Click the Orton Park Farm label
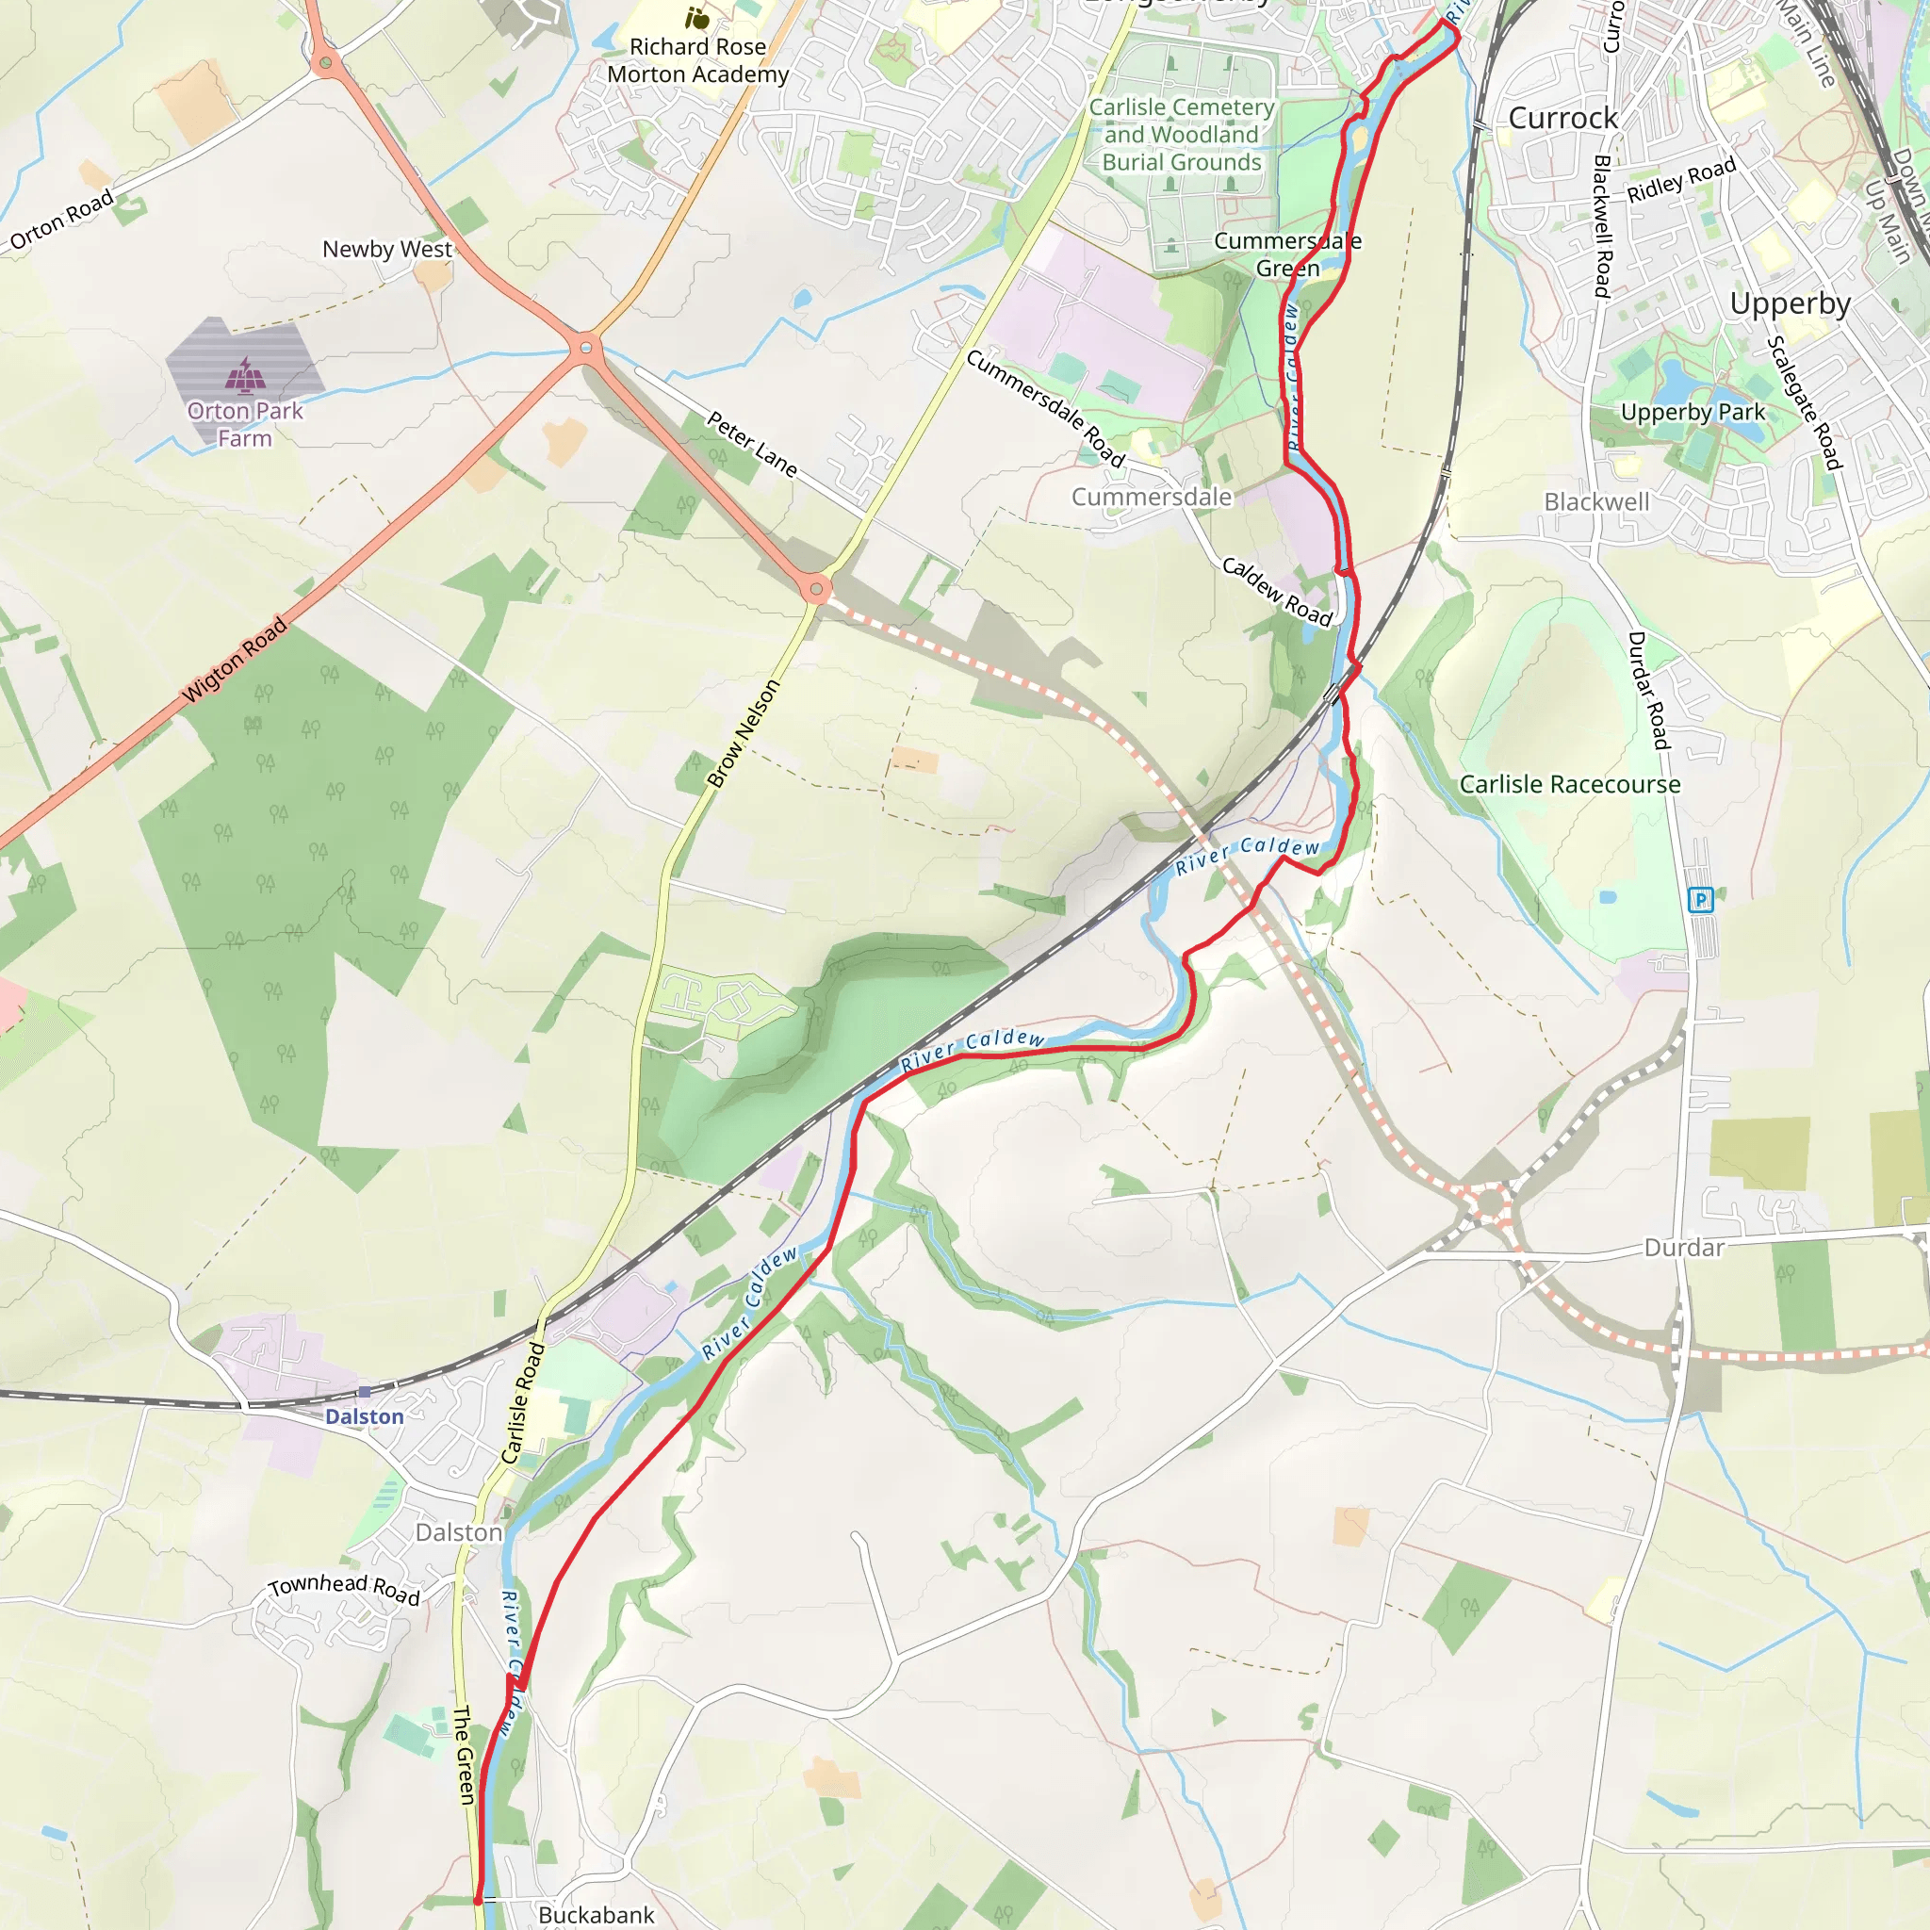pyautogui.click(x=245, y=425)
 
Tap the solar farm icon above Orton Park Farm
pyautogui.click(x=245, y=375)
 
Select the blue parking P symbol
pyautogui.click(x=1700, y=900)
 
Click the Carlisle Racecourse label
pyautogui.click(x=1569, y=784)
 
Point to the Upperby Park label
pyautogui.click(x=1693, y=412)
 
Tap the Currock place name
pyautogui.click(x=1562, y=118)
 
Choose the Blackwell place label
pyautogui.click(x=1596, y=501)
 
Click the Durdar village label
pyautogui.click(x=1684, y=1247)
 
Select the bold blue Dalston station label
pyautogui.click(x=365, y=1416)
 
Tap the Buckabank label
pyautogui.click(x=597, y=1914)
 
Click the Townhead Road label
pyautogui.click(x=344, y=1587)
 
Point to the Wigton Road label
pyautogui.click(x=234, y=661)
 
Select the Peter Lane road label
pyautogui.click(x=751, y=444)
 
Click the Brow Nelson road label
pyautogui.click(x=743, y=733)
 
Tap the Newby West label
pyautogui.click(x=386, y=249)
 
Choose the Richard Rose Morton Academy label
pyautogui.click(x=697, y=60)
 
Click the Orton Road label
pyautogui.click(x=62, y=220)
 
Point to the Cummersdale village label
pyautogui.click(x=1151, y=497)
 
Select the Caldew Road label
pyautogui.click(x=1278, y=593)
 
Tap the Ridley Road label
pyautogui.click(x=1681, y=180)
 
